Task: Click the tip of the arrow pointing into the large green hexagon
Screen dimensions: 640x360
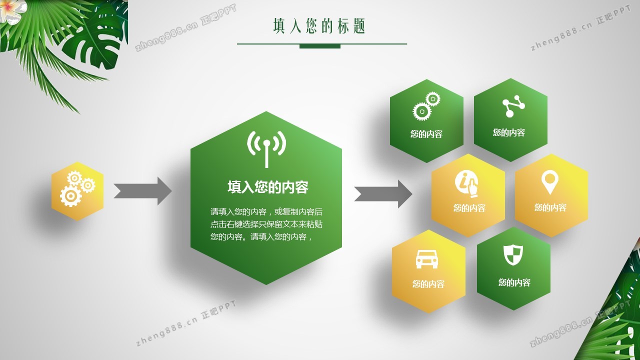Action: pyautogui.click(x=171, y=191)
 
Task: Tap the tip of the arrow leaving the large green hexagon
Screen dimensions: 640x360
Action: pyautogui.click(x=412, y=194)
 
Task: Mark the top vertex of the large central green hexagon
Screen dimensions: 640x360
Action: pyautogui.click(x=266, y=111)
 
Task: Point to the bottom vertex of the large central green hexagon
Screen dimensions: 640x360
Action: pyautogui.click(x=266, y=285)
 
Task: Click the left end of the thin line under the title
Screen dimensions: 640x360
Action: pyautogui.click(x=237, y=44)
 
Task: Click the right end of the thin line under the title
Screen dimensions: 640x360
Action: pyautogui.click(x=407, y=44)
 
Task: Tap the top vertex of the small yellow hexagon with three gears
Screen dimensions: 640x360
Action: pyautogui.click(x=77, y=162)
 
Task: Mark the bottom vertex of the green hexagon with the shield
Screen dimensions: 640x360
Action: pyautogui.click(x=513, y=310)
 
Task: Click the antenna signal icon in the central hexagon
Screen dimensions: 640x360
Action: pyautogui.click(x=266, y=149)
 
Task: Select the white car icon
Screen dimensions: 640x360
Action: pyautogui.click(x=427, y=259)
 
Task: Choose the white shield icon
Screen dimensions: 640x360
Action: pyautogui.click(x=513, y=255)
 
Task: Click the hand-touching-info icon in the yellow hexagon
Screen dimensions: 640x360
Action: pyautogui.click(x=466, y=184)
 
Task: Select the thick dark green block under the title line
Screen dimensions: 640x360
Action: pyautogui.click(x=320, y=46)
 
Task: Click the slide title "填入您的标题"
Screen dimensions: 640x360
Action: pyautogui.click(x=319, y=26)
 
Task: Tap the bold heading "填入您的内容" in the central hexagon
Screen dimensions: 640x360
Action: pyautogui.click(x=268, y=187)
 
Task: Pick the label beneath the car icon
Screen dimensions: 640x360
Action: pyautogui.click(x=428, y=283)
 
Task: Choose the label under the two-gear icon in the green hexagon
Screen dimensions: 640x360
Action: pyautogui.click(x=426, y=134)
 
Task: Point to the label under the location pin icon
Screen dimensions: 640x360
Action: pyautogui.click(x=550, y=207)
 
